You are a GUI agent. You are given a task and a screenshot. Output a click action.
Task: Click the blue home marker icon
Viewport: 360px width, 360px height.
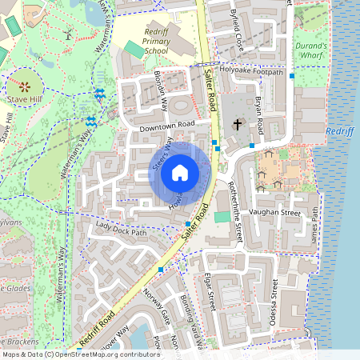pos(180,172)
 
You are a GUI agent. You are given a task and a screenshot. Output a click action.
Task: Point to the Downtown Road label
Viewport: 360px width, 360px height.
pos(166,126)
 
